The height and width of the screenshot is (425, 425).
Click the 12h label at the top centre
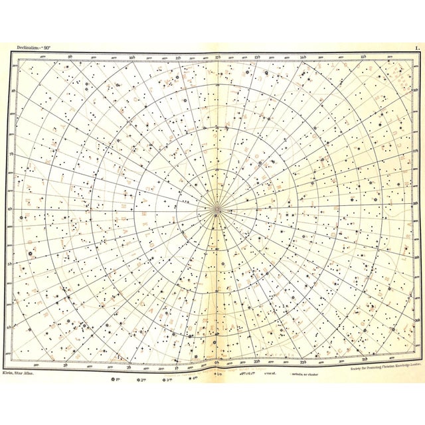click(x=217, y=58)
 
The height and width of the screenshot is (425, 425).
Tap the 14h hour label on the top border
click(x=303, y=58)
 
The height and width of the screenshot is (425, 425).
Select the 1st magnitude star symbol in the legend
click(x=114, y=381)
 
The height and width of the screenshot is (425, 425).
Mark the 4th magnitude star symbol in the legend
click(x=192, y=381)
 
